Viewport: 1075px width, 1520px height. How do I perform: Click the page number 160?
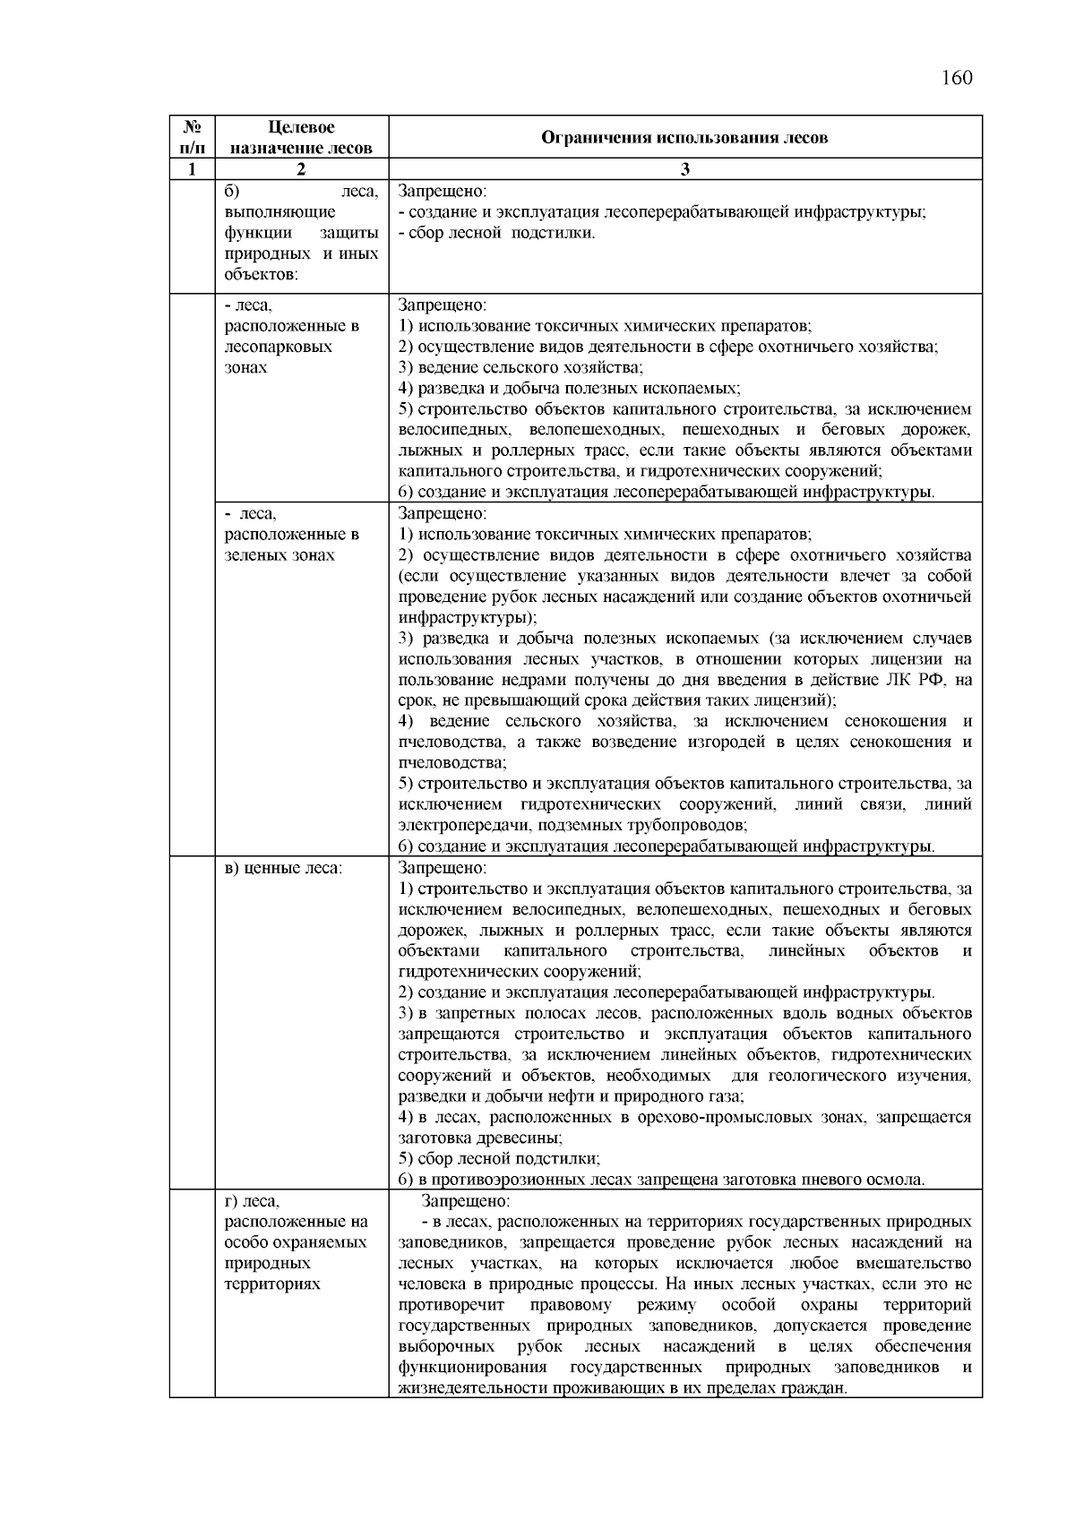pos(957,77)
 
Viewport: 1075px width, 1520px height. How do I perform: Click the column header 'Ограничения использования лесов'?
pos(684,137)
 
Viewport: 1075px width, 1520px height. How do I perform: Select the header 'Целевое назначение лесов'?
pos(301,138)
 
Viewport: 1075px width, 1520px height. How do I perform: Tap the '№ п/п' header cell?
pos(192,138)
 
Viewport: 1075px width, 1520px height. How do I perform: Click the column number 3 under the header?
pos(684,169)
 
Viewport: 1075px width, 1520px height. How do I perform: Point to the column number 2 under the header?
pos(301,169)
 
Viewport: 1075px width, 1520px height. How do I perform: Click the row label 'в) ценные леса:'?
pos(284,868)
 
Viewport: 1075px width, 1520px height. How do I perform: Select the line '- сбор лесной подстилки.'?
pos(497,233)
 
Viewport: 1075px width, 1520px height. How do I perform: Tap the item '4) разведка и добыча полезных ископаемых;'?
pos(569,389)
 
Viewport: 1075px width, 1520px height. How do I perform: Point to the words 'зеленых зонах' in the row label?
pos(279,555)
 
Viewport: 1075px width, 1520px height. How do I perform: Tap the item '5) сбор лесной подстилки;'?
pos(499,1158)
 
